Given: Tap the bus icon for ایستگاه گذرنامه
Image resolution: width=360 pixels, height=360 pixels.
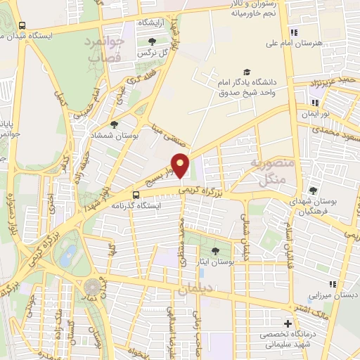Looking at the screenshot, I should (135, 195).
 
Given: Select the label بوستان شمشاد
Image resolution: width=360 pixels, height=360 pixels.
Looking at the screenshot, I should (108, 135).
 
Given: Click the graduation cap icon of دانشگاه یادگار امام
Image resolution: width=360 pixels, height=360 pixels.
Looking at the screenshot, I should (246, 72).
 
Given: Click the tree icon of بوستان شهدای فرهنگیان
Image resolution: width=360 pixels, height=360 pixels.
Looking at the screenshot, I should (314, 191).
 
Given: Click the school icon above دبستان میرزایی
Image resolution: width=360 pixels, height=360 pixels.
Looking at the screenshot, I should (333, 284).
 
